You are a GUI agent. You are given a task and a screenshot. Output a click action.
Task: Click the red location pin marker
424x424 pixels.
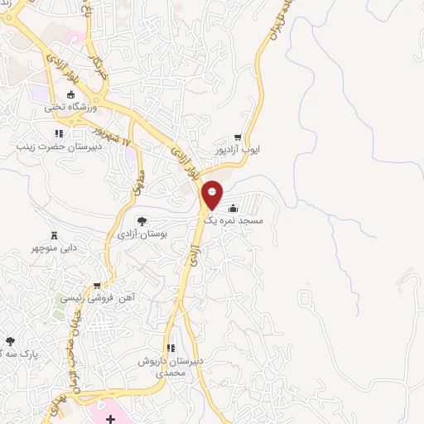[213, 195]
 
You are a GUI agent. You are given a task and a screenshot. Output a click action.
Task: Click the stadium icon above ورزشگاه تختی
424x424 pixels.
[72, 94]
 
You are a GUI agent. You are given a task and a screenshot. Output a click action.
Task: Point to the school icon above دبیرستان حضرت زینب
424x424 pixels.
[58, 133]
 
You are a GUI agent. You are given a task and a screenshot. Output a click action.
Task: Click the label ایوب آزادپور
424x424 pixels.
[238, 152]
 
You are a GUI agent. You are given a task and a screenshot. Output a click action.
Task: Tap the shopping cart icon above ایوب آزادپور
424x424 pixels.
[238, 137]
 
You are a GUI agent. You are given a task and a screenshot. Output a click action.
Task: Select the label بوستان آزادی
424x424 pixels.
[143, 236]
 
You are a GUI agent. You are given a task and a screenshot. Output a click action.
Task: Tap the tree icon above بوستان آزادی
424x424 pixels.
[142, 221]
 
